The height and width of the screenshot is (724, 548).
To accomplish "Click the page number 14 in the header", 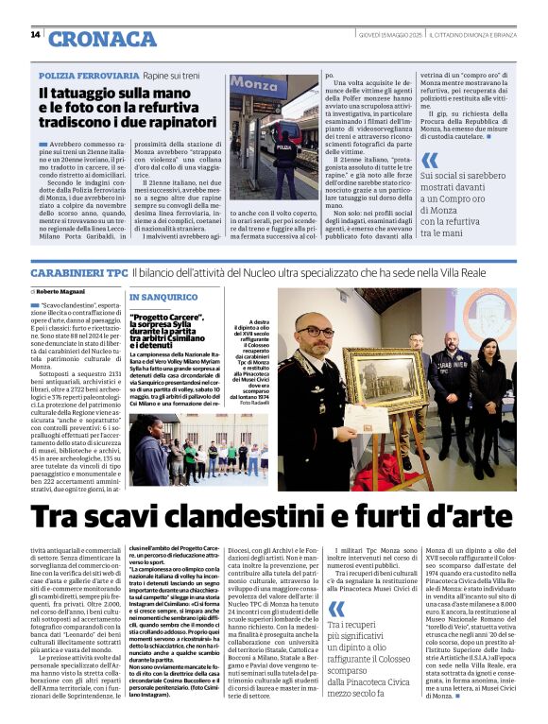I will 35,35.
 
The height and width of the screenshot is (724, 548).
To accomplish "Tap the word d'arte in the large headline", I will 472,517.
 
